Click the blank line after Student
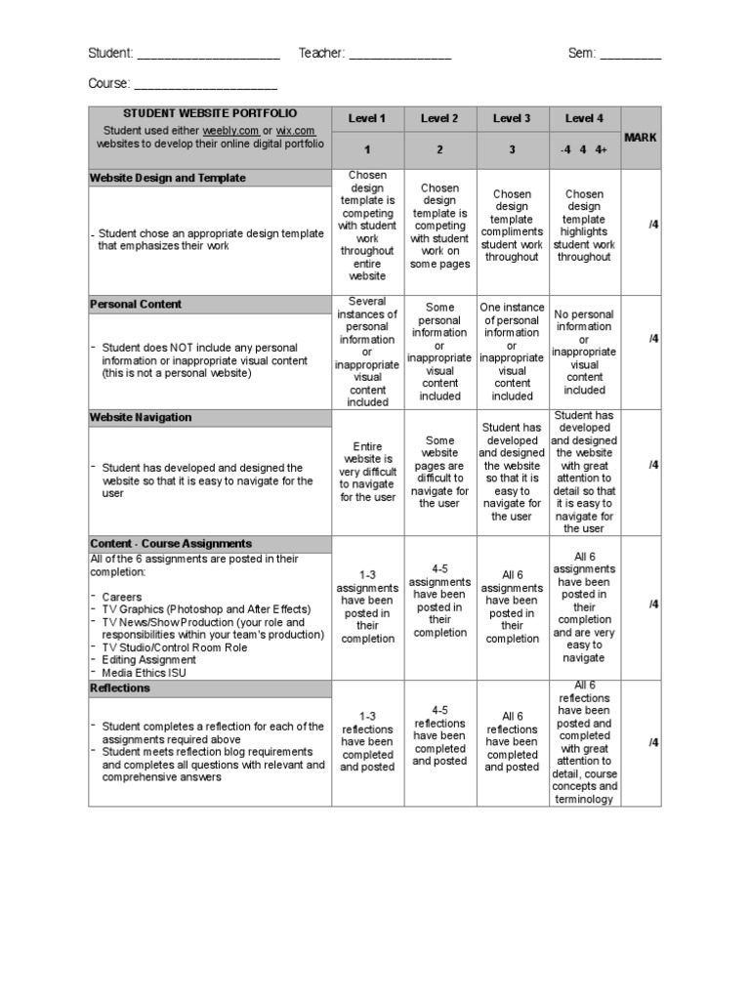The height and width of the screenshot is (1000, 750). (209, 55)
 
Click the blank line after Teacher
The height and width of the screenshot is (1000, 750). (399, 55)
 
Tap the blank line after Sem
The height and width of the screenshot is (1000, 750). (630, 55)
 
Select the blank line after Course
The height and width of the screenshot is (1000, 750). (205, 85)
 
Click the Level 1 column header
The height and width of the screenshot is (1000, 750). (367, 119)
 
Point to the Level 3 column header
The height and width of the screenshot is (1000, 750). (512, 119)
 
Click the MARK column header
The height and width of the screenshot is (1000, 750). (641, 138)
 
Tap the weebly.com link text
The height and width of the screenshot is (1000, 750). (230, 130)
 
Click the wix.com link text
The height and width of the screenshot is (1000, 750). (296, 130)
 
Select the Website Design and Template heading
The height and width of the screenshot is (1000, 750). (168, 179)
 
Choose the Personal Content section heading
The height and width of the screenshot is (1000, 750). (136, 305)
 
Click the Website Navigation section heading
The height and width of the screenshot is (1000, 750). (141, 418)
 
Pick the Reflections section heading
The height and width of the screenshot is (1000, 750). (120, 688)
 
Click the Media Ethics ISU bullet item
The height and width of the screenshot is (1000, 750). (144, 673)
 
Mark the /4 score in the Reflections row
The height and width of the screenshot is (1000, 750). (653, 742)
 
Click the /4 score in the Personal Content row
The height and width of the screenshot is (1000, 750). (653, 339)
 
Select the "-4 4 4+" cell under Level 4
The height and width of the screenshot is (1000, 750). (584, 150)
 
